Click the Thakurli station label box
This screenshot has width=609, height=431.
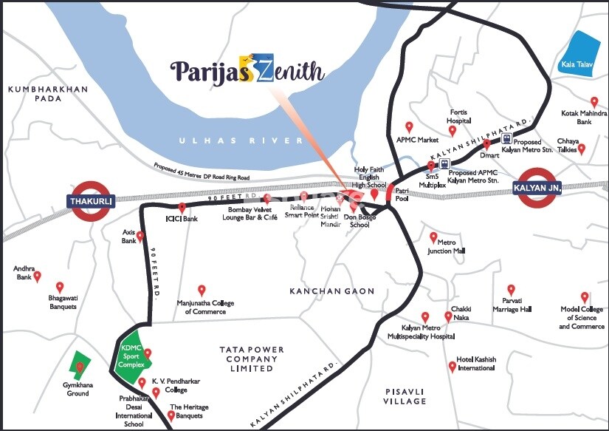coord(90,200)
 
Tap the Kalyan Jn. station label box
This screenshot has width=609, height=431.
coord(537,189)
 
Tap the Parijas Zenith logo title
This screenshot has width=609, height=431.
coord(247,72)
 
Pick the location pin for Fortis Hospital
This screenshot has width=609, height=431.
coord(453,131)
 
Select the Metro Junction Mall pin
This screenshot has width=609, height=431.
coord(434,237)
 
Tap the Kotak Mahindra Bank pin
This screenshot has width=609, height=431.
coord(593,101)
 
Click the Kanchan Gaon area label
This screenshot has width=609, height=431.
coord(332,291)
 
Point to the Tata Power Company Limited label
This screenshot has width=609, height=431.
coord(249,359)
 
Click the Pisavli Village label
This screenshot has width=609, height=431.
coord(405,396)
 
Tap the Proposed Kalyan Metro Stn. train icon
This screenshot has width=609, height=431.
coord(506,138)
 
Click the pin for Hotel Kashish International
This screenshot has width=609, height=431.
coord(452,365)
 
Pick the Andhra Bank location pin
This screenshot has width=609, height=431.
coord(38,276)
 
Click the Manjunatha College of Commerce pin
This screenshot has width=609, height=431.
coord(201,290)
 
